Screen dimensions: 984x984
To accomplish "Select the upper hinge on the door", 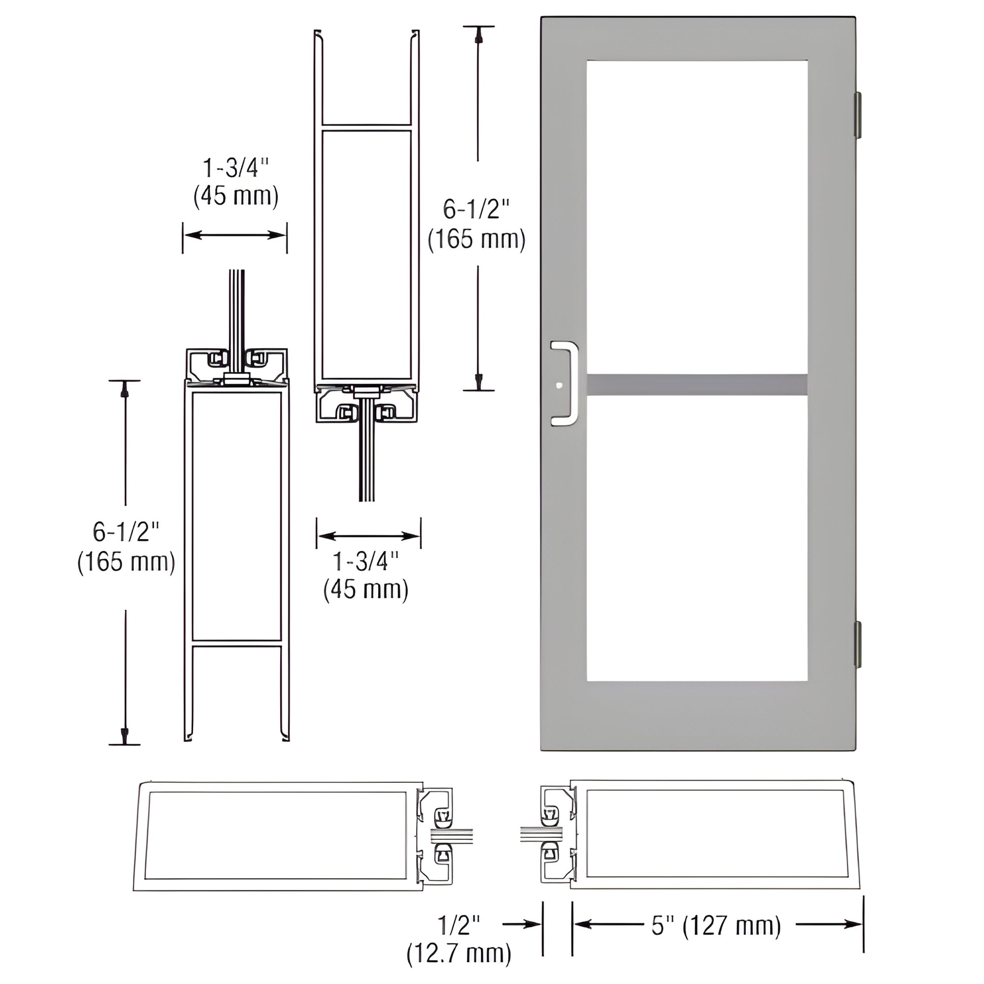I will (857, 115).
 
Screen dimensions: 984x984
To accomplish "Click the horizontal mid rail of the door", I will (697, 385).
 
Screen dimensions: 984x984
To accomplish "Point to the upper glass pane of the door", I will (697, 216).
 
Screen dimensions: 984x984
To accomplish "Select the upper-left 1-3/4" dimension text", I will (236, 167).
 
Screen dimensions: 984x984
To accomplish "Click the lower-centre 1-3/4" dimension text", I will (366, 561).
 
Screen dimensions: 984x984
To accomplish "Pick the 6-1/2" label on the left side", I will (126, 532).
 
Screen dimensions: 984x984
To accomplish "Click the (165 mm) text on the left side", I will (126, 562).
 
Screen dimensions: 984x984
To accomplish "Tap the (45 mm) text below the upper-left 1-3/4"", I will (236, 196).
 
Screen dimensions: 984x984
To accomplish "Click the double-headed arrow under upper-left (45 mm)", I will (235, 235).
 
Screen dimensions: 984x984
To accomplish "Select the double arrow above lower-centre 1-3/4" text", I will (368, 536).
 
